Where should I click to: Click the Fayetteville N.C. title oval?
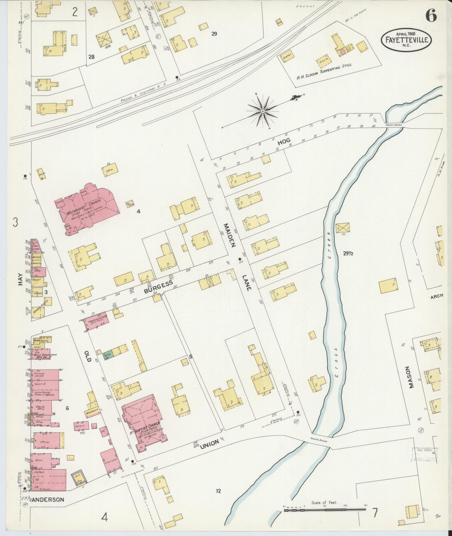click(x=406, y=40)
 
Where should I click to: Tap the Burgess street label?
click(x=158, y=287)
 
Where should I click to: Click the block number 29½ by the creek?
click(x=349, y=253)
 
